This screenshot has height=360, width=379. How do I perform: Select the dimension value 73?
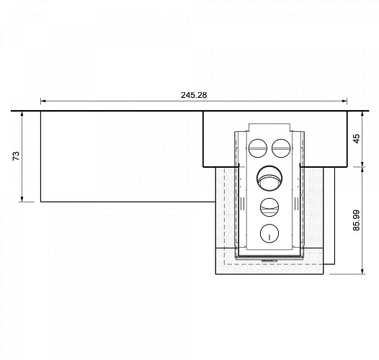click(16, 156)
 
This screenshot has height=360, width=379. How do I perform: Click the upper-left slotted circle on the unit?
click(258, 148)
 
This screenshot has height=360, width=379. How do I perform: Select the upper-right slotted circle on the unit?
click(280, 148)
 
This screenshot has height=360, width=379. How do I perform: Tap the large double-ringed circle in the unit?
click(269, 176)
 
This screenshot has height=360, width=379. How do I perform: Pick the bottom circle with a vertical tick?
click(269, 232)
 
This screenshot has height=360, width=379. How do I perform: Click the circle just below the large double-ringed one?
click(269, 206)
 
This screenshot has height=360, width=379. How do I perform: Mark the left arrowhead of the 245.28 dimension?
click(43, 102)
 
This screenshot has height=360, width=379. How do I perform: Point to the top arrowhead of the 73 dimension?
click(24, 114)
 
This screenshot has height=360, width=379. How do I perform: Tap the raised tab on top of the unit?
click(269, 127)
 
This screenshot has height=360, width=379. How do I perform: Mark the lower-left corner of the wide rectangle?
click(40, 202)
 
